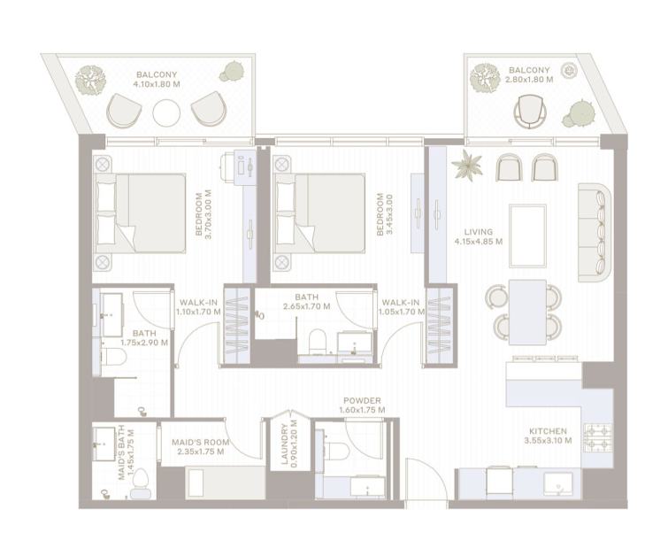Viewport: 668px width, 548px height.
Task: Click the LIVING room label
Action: click(x=478, y=232)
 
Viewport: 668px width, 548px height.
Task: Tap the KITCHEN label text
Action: click(x=548, y=431)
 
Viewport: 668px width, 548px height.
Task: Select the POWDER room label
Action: click(x=362, y=400)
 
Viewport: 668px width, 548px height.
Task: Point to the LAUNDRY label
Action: click(x=285, y=444)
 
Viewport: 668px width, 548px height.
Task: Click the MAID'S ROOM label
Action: click(x=201, y=443)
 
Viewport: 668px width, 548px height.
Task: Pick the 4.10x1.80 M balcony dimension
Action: click(x=157, y=84)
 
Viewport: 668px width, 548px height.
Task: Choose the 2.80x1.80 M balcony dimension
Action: click(x=529, y=80)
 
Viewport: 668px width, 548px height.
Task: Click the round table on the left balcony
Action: click(x=166, y=113)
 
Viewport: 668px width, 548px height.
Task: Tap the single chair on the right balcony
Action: click(x=529, y=112)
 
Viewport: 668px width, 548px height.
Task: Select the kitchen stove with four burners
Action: click(x=598, y=438)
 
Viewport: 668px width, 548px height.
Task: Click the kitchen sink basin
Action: click(x=558, y=484)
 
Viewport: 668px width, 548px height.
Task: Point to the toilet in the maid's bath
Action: click(x=141, y=483)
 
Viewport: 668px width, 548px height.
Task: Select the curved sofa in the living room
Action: click(x=595, y=233)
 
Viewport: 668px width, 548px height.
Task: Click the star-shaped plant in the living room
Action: click(x=467, y=166)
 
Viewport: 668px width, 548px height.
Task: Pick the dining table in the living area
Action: click(x=527, y=312)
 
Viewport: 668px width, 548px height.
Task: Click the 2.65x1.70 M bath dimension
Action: click(x=307, y=306)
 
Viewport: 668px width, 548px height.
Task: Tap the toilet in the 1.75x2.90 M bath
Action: click(x=111, y=357)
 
